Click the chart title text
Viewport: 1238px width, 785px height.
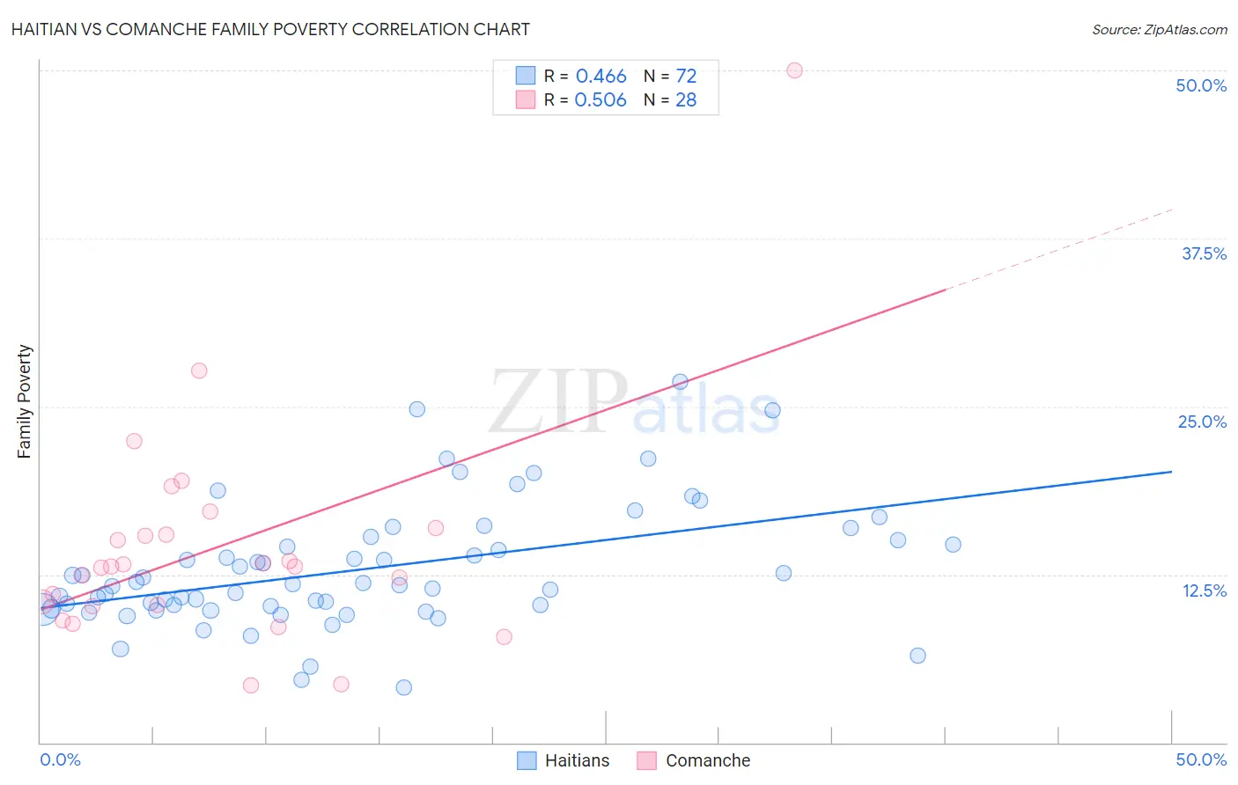pyautogui.click(x=270, y=29)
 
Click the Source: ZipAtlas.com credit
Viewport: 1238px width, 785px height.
pyautogui.click(x=1159, y=29)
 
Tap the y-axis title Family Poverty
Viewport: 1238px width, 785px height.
pyautogui.click(x=25, y=401)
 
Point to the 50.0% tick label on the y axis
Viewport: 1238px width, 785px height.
pyautogui.click(x=1200, y=85)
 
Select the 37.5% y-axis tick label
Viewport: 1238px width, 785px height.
pyautogui.click(x=1203, y=253)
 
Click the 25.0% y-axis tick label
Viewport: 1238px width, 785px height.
pyautogui.click(x=1201, y=422)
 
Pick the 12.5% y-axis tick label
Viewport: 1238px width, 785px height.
pyautogui.click(x=1203, y=591)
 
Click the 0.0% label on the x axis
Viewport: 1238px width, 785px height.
pyautogui.click(x=60, y=759)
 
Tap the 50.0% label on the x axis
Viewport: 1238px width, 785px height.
pyautogui.click(x=1200, y=759)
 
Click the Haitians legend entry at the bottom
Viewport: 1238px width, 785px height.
pyautogui.click(x=564, y=760)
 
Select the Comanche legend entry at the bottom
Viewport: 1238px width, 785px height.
pyautogui.click(x=694, y=760)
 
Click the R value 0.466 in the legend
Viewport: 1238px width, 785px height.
pyautogui.click(x=601, y=77)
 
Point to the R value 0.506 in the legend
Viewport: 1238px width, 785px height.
pyautogui.click(x=601, y=100)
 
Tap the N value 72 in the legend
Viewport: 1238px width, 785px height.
pyautogui.click(x=686, y=77)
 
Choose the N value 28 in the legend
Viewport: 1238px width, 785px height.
pyautogui.click(x=686, y=100)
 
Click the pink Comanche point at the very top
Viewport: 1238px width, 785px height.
pyautogui.click(x=794, y=70)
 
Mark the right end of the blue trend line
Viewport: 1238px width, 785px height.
pyautogui.click(x=1171, y=472)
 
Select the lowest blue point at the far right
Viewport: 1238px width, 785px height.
pyautogui.click(x=917, y=656)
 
